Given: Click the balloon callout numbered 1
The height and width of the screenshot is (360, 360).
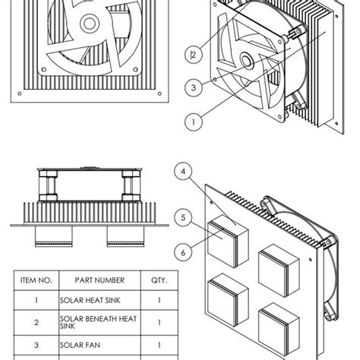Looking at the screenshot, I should click(193, 119).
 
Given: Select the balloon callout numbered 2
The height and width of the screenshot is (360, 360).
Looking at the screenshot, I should click(194, 54).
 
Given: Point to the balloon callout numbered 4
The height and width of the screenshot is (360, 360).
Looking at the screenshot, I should click(183, 172).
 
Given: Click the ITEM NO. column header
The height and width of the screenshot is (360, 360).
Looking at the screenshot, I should click(35, 280).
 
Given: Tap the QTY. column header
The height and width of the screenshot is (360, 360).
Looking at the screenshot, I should click(158, 280).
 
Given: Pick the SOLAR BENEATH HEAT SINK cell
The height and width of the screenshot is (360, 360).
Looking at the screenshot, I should click(99, 323).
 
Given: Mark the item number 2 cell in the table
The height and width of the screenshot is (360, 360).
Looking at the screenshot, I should click(35, 323).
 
